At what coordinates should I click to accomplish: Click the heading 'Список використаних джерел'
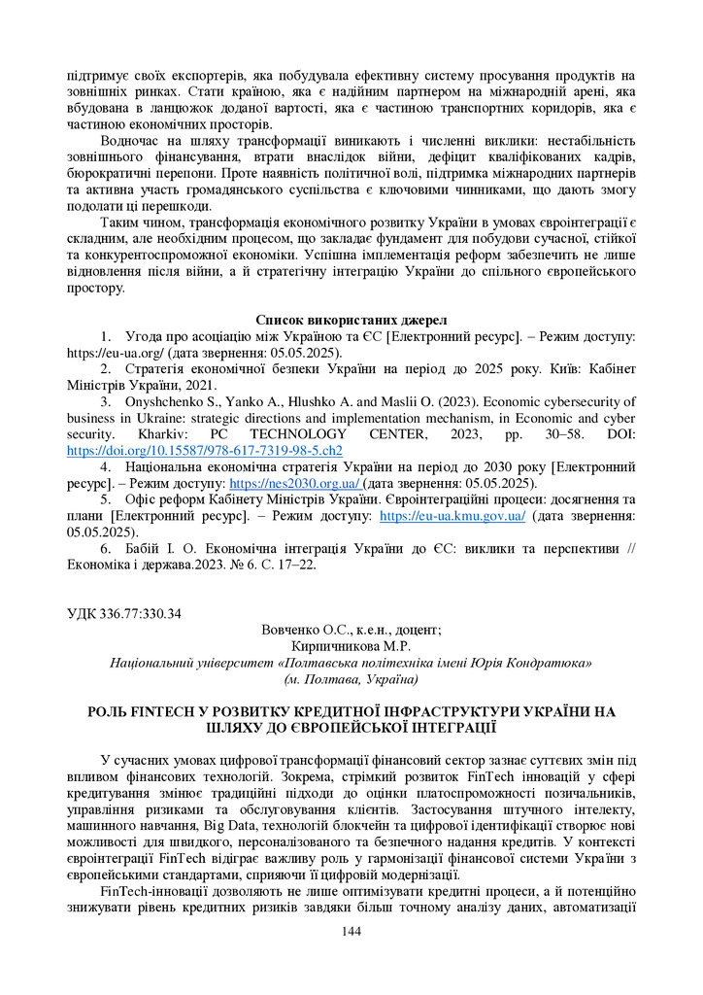pyautogui.click(x=351, y=320)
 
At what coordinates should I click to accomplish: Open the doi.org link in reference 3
pyautogui.click(x=205, y=451)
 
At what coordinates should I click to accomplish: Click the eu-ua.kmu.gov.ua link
pyautogui.click(x=452, y=516)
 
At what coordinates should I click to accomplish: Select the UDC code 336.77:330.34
pyautogui.click(x=124, y=612)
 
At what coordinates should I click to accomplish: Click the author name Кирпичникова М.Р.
pyautogui.click(x=351, y=646)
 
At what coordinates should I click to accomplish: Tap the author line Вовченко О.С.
pyautogui.click(x=351, y=630)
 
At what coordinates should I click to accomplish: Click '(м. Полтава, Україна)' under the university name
pyautogui.click(x=351, y=679)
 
